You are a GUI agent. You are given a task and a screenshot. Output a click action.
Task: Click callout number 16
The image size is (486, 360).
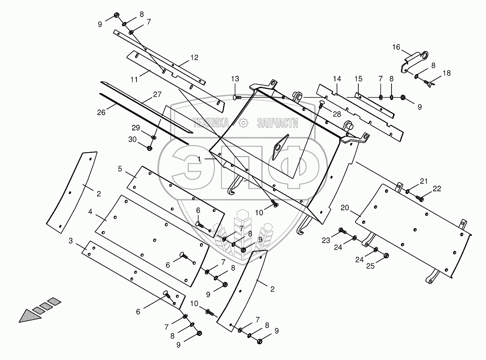(396, 47)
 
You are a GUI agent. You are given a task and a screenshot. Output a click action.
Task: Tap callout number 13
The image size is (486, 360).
(235, 79)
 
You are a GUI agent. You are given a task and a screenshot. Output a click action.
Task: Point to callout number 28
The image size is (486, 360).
(337, 114)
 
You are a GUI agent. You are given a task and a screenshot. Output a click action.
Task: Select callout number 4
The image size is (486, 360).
(91, 212)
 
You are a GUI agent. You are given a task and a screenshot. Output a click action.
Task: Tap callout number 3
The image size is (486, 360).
(71, 240)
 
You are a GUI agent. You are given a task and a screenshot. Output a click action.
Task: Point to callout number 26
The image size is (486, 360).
(101, 112)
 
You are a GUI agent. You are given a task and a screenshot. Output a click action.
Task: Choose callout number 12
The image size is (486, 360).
(194, 57)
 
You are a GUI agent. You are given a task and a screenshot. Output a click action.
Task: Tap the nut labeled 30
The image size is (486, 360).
(150, 148)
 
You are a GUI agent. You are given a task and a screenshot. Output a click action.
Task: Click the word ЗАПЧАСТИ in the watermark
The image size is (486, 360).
(277, 123)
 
